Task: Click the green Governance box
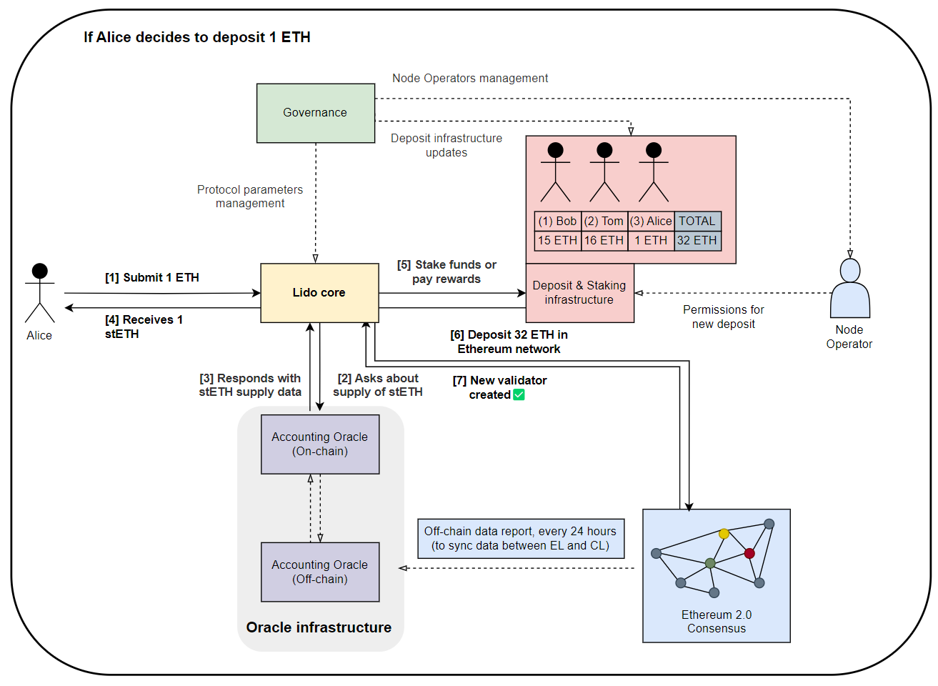(x=316, y=113)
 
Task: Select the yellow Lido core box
(x=319, y=293)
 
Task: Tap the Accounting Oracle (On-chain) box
(x=320, y=444)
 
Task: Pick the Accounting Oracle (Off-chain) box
(x=320, y=572)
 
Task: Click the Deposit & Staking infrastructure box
(x=579, y=293)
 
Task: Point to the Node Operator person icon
(x=850, y=288)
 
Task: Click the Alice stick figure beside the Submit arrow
(x=40, y=293)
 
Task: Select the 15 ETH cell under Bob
(x=558, y=241)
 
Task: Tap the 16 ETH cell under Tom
(x=604, y=241)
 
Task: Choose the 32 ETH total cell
(x=698, y=241)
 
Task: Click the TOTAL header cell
(x=698, y=221)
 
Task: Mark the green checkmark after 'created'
(x=519, y=394)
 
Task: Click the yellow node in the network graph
(x=724, y=534)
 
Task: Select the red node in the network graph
(x=749, y=553)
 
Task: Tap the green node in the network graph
(x=710, y=563)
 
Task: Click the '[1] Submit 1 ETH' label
(x=152, y=278)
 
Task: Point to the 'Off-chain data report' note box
(x=521, y=539)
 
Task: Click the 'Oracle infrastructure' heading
(x=319, y=627)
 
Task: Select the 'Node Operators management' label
(x=470, y=79)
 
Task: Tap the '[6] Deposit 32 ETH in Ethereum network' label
(x=509, y=342)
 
